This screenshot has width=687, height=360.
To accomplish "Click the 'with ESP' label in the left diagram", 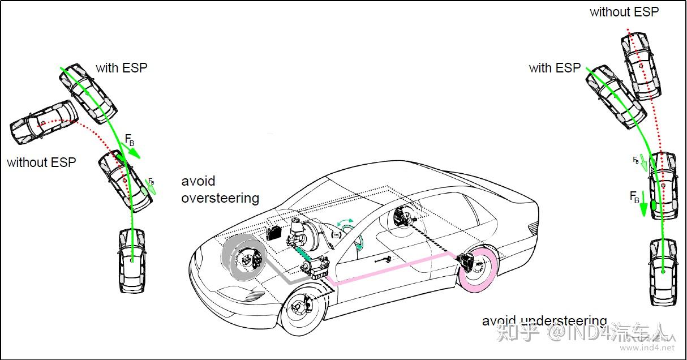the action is coord(121,68).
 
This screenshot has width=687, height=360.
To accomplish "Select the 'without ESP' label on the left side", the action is coord(41,162).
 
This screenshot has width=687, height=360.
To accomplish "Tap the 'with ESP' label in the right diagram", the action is coord(555,68).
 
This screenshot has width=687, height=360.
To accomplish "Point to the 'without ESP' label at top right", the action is coord(624,11).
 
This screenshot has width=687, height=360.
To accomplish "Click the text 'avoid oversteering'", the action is coord(220,190).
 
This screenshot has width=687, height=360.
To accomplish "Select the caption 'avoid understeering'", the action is coord(544,321).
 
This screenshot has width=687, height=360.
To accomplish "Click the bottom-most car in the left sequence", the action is coord(131,260).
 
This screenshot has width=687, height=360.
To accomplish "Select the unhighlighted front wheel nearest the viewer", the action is coord(302,310).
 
